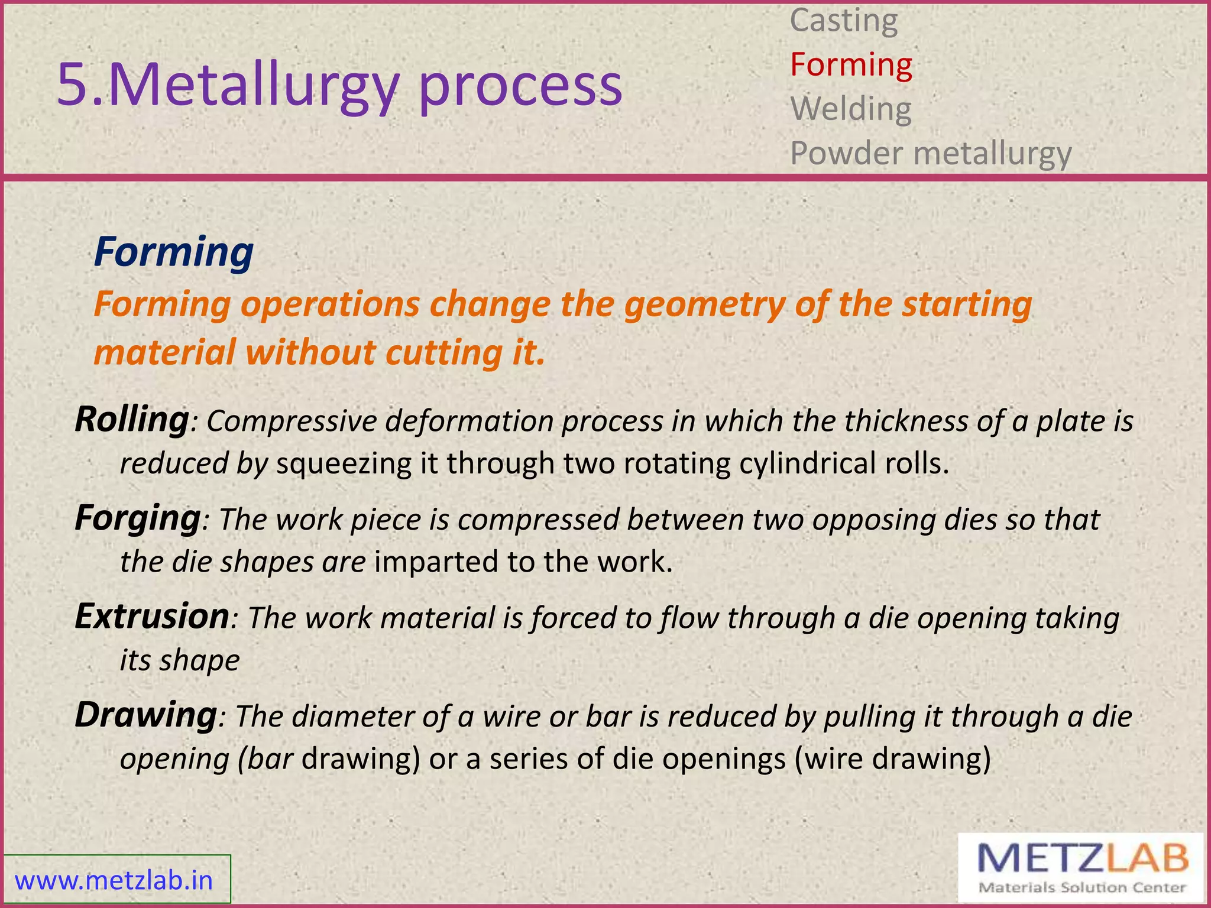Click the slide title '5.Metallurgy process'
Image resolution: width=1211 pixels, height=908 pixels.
tap(339, 86)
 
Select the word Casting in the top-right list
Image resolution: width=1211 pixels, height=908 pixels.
tap(844, 21)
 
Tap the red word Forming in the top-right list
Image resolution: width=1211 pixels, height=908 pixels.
tap(851, 65)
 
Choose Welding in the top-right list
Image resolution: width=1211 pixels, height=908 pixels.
tap(851, 109)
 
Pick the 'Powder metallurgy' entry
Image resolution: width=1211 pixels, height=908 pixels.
tap(931, 154)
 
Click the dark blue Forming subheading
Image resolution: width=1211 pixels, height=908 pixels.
tap(173, 252)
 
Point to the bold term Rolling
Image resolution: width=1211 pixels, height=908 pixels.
tap(131, 420)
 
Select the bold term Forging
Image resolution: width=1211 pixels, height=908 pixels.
tap(138, 518)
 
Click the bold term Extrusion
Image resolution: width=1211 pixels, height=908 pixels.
tap(151, 617)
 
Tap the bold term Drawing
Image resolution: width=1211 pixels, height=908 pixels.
tap(145, 715)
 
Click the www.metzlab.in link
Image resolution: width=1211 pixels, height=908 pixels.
tap(114, 881)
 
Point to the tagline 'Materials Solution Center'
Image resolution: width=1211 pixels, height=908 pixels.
tap(1082, 888)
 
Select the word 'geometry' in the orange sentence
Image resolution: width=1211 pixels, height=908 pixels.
tap(704, 305)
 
